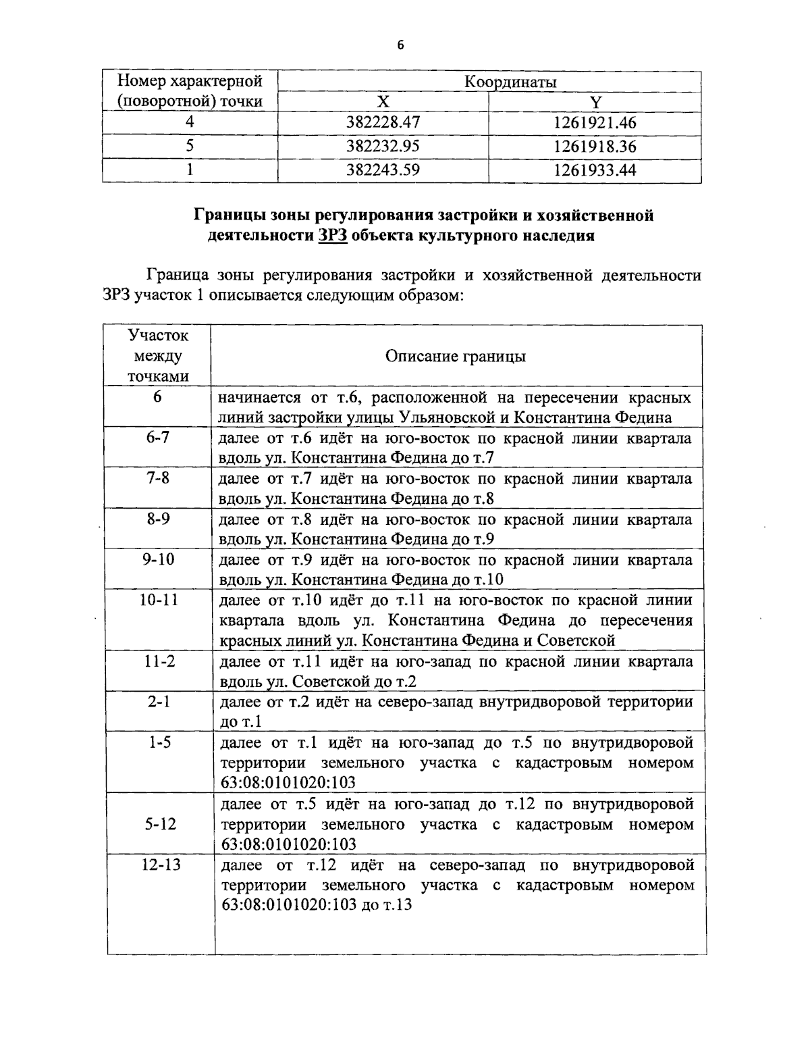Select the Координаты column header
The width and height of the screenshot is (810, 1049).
[x=510, y=82]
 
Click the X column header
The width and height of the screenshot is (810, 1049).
[x=383, y=102]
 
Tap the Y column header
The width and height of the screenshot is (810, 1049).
[x=595, y=102]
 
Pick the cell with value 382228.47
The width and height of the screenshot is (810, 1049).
[x=383, y=123]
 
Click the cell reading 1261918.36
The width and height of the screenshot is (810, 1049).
[x=595, y=147]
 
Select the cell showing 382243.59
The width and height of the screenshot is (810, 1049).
[x=383, y=170]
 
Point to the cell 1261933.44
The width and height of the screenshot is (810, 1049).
[x=595, y=170]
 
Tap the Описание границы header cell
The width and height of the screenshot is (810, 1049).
[x=456, y=356]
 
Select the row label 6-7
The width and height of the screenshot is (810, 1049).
[x=158, y=437]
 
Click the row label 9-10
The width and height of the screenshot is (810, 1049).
[x=158, y=559]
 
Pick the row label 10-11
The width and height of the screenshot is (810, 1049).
[x=158, y=600]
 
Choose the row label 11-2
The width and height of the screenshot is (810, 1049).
[x=158, y=661]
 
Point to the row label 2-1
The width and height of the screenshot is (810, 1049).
[x=158, y=701]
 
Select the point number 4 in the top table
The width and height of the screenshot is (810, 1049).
[x=190, y=123]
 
